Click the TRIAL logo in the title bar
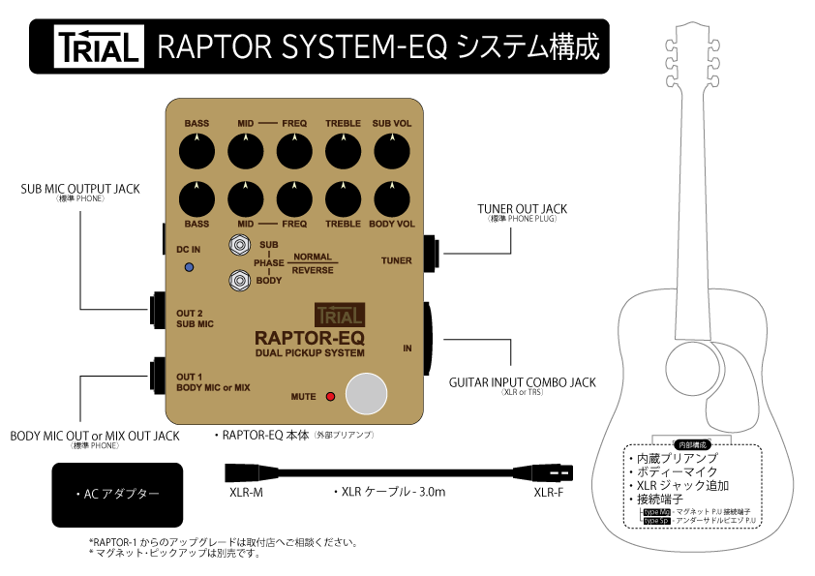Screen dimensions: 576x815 [x=99, y=46]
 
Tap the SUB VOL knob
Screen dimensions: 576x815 [x=392, y=152]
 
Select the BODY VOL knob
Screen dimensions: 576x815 [x=392, y=198]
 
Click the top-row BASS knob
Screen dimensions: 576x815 [x=197, y=152]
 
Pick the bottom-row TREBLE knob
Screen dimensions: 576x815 [x=343, y=198]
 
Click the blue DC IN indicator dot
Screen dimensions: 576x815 [x=189, y=266]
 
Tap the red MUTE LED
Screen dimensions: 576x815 [x=330, y=396]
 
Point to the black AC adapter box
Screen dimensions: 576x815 [x=117, y=494]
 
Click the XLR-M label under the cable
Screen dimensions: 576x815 [x=244, y=492]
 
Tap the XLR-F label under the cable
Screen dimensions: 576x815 [x=549, y=492]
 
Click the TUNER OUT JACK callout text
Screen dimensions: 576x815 [x=522, y=209]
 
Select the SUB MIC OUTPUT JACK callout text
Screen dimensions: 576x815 [x=81, y=188]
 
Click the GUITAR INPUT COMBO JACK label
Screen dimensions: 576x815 [x=522, y=382]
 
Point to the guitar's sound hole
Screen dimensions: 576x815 [x=690, y=367]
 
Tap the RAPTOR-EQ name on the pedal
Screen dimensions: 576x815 [x=309, y=338]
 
